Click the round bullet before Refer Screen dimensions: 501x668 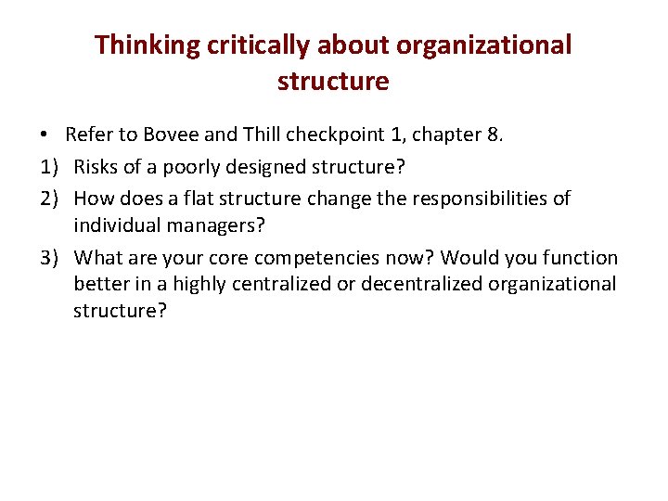(x=46, y=135)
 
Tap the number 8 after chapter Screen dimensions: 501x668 (x=494, y=135)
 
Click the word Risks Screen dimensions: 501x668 (x=97, y=167)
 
